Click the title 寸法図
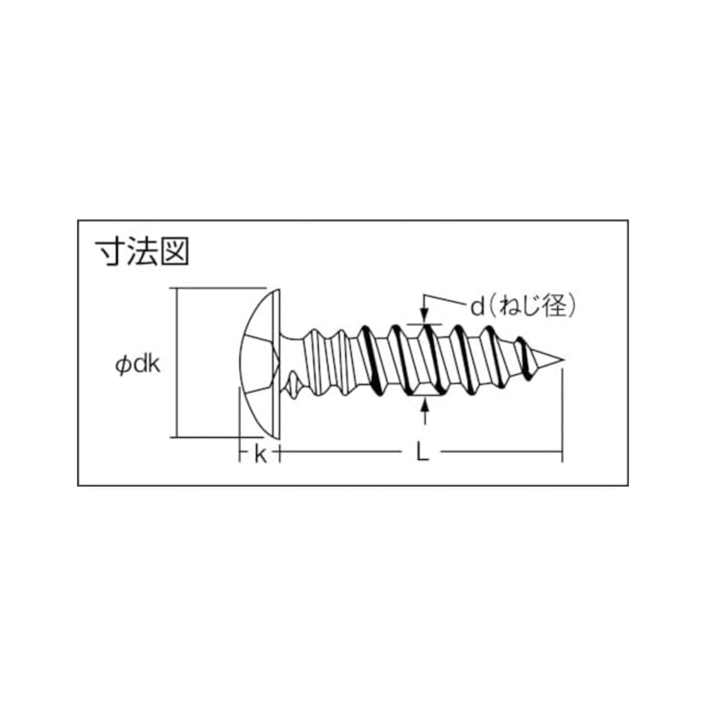[142, 253]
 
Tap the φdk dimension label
[138, 365]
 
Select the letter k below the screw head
[260, 455]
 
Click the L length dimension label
[422, 454]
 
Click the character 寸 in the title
[110, 253]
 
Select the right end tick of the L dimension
[563, 452]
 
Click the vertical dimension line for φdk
[177, 363]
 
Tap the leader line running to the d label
[446, 299]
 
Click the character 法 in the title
[142, 253]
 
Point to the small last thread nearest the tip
[523, 359]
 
